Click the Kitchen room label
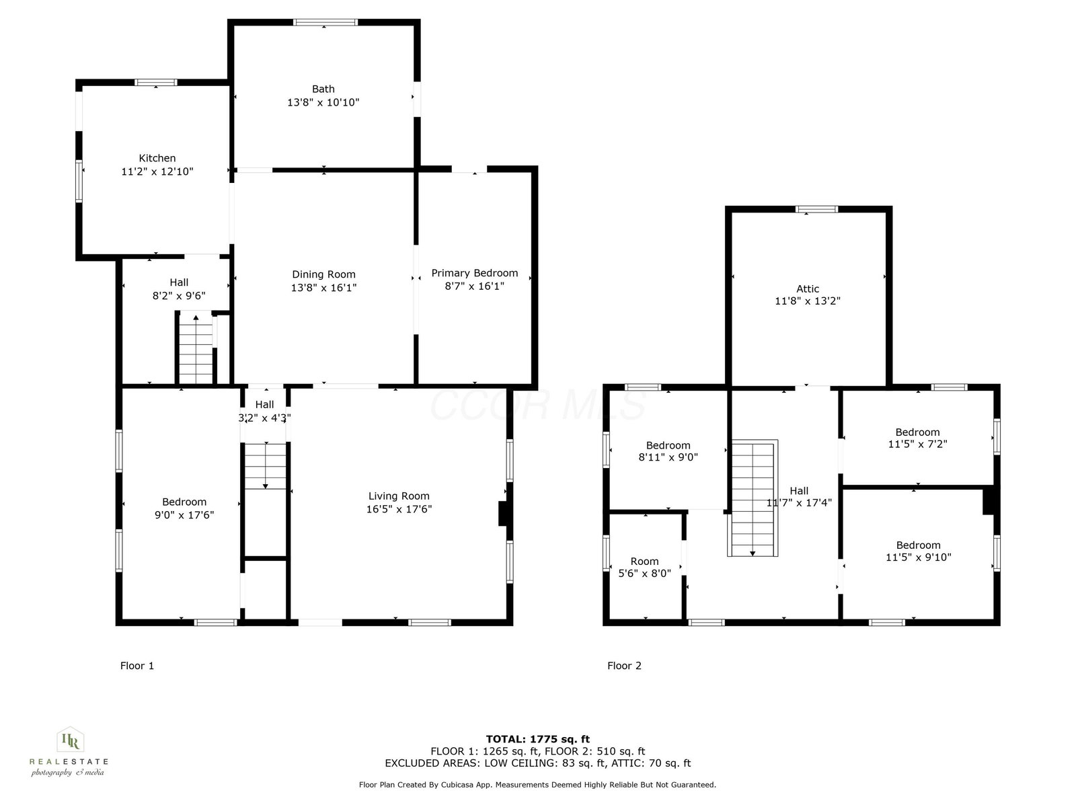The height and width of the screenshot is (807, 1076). click(157, 158)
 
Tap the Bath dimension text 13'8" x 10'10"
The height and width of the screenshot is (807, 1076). click(323, 102)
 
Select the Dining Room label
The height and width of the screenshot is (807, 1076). click(323, 274)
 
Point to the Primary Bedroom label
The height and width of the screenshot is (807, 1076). click(475, 273)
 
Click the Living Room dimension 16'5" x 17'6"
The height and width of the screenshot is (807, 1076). click(399, 509)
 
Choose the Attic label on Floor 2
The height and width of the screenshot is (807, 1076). click(808, 289)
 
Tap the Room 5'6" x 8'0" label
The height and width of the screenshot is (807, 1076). click(645, 568)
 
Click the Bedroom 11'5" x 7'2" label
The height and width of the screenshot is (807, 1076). click(918, 438)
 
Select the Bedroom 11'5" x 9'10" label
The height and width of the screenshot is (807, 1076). click(918, 551)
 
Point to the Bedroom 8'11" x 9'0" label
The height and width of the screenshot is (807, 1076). click(668, 451)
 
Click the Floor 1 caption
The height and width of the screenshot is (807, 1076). click(137, 665)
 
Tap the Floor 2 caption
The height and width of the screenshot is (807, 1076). click(624, 665)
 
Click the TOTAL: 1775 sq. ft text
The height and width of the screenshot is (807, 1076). click(538, 739)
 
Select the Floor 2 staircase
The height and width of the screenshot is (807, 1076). click(753, 498)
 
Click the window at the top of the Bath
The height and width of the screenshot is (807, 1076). click(325, 22)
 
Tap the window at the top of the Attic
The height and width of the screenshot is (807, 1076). click(816, 209)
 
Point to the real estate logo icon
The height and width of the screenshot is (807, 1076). click(71, 739)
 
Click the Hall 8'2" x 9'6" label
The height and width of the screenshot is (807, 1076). click(179, 289)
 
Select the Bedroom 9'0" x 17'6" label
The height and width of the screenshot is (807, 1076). click(184, 508)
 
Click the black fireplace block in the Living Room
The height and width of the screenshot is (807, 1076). click(502, 514)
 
